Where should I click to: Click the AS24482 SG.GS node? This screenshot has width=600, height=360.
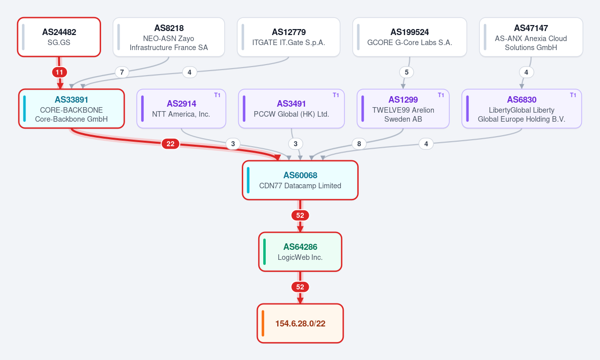coord(59,37)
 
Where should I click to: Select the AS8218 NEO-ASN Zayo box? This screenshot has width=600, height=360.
coord(169,37)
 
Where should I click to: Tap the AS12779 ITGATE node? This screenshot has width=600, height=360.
coord(289,37)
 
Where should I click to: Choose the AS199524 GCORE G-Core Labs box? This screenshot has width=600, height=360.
coord(409,37)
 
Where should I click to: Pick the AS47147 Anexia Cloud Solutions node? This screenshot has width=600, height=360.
coord(531,37)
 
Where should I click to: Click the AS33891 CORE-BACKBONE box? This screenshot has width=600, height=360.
coord(72,109)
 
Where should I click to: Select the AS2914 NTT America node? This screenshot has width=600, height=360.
coord(181,109)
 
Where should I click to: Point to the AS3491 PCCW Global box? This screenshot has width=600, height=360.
coord(291,109)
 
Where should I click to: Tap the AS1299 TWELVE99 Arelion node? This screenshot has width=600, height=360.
coord(403,109)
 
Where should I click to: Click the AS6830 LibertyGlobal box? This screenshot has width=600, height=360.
coord(521,109)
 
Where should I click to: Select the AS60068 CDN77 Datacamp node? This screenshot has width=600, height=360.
coord(300,180)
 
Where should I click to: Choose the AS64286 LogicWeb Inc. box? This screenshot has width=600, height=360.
coord(300,252)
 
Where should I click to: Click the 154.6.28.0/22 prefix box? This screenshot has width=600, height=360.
coord(300,323)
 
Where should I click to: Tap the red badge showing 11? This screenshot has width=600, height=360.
coord(60,73)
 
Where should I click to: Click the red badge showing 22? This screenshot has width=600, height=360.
coord(170,144)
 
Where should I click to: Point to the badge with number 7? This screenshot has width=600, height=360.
coord(122,73)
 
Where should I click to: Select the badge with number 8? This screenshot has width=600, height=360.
coord(359,144)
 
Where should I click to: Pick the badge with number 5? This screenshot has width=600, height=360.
coord(406,73)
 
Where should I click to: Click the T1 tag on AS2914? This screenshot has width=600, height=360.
coord(217,95)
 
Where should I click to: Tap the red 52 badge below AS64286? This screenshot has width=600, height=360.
coord(300,287)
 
